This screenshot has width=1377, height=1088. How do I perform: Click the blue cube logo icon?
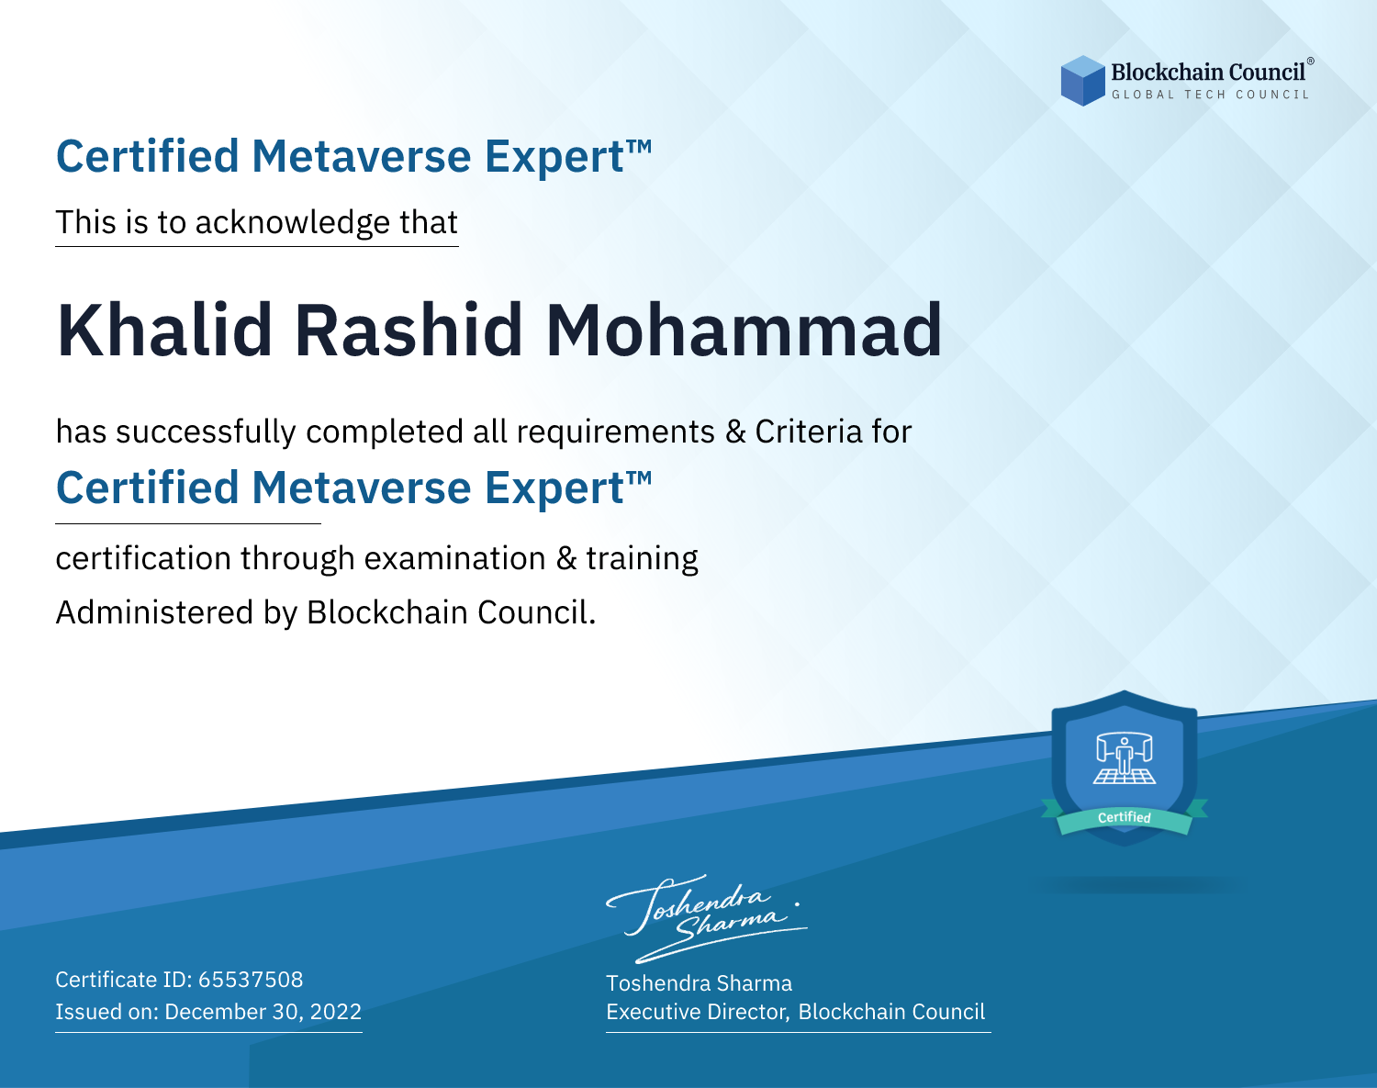[x=1082, y=81]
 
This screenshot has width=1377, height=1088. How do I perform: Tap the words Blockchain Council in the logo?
[x=1208, y=73]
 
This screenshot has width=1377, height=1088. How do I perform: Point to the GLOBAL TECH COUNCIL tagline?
[x=1211, y=95]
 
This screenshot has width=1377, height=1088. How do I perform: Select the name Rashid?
[x=409, y=331]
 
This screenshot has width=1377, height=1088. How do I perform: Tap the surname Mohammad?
[x=744, y=331]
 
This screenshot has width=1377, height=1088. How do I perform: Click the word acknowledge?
[x=293, y=223]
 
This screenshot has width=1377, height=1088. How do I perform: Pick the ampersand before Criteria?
[x=735, y=432]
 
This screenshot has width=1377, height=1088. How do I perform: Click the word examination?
[x=455, y=558]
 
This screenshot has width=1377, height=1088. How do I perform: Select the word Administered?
[x=155, y=612]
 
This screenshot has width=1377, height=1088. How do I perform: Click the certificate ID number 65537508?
[x=251, y=980]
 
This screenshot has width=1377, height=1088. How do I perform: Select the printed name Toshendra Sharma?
[x=699, y=983]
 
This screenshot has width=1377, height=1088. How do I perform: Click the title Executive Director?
[x=698, y=1012]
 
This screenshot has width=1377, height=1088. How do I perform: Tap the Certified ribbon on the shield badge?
[x=1125, y=818]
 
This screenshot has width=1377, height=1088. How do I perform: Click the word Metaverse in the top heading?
[x=362, y=157]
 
